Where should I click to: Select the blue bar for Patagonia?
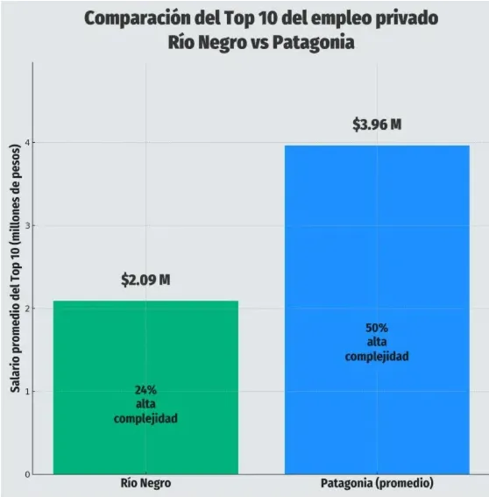click(377, 263)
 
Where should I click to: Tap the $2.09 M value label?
click(145, 280)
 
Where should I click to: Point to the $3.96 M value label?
click(377, 124)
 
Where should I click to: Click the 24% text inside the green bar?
click(145, 390)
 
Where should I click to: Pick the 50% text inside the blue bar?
click(377, 328)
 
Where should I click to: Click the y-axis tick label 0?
click(27, 474)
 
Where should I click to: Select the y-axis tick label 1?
click(27, 392)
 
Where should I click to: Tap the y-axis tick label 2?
click(27, 309)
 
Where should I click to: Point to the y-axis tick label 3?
click(27, 226)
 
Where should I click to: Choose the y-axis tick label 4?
click(27, 143)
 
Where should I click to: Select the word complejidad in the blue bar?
click(377, 356)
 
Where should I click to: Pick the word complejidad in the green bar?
click(145, 418)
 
